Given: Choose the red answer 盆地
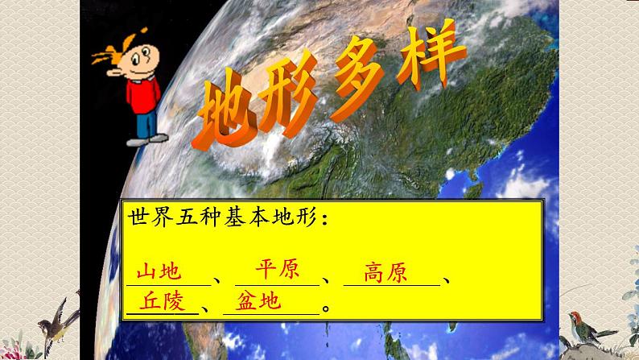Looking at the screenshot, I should pos(258,301).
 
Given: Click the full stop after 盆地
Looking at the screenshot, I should pos(325,307).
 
